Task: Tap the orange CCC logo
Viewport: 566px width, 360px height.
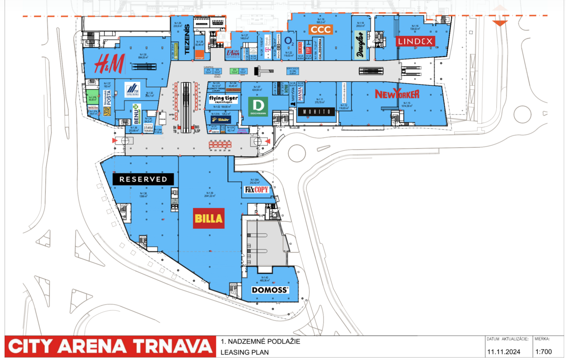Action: point(321,30)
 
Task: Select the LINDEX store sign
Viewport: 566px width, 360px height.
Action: point(415,42)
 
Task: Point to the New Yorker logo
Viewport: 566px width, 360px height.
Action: point(397,94)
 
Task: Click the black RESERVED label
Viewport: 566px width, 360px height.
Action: point(143,179)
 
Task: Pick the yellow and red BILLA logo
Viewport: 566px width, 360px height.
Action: point(209,219)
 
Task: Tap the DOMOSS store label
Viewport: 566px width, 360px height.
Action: point(269,290)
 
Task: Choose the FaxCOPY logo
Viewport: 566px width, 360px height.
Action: point(257,190)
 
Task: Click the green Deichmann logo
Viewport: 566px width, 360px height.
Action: point(258,107)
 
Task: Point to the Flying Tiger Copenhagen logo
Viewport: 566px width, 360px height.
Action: point(223,100)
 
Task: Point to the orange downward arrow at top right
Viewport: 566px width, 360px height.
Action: point(500,24)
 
